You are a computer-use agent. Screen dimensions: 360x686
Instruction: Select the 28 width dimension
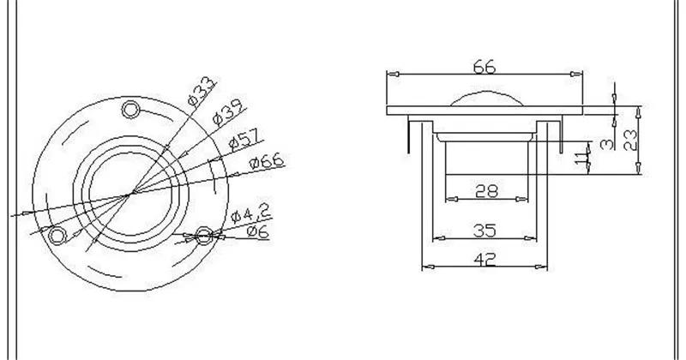click(486, 192)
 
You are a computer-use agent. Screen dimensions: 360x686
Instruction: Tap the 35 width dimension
click(486, 229)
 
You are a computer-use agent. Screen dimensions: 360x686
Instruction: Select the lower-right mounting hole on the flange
click(204, 235)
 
